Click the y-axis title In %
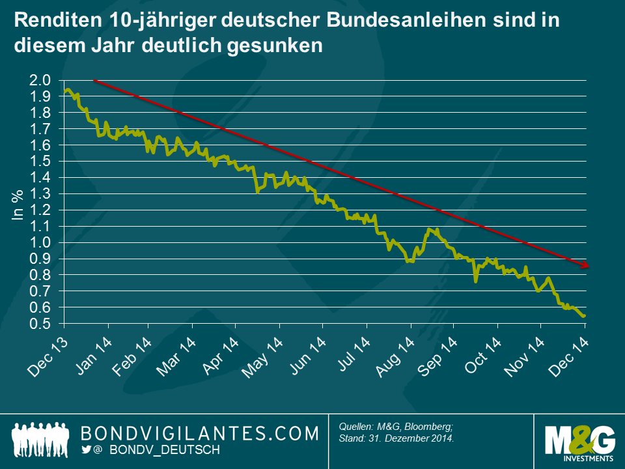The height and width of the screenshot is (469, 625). coord(18,206)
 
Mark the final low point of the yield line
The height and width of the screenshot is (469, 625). coord(584,316)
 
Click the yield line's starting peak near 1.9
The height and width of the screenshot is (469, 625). coord(68,90)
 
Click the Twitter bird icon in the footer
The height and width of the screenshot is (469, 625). coord(87,450)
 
